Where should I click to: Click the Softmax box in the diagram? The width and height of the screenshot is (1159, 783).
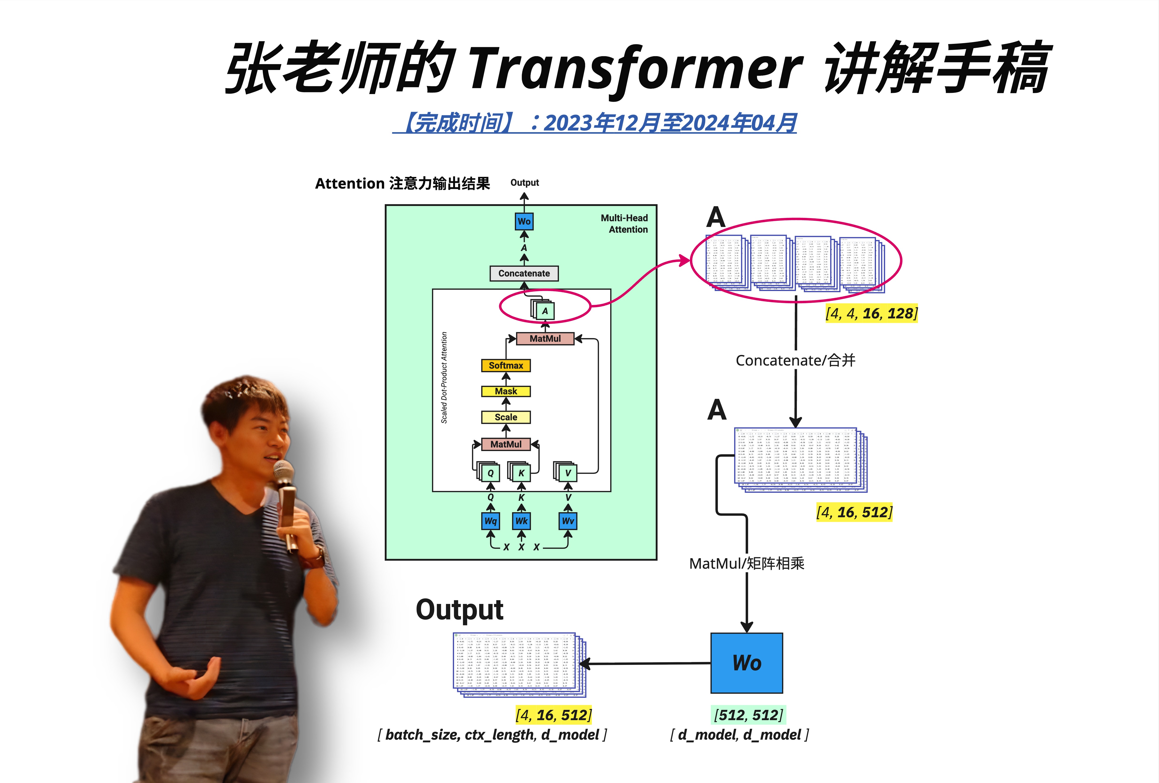pos(506,365)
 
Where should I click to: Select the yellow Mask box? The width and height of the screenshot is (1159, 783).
pos(506,391)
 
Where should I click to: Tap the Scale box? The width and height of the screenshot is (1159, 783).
pos(506,417)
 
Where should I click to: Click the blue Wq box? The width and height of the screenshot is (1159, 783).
pos(491,521)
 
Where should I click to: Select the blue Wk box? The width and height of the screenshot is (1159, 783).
pos(521,521)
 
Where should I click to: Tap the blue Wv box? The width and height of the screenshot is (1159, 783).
pos(567,521)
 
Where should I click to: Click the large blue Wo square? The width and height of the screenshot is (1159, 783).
pos(747,663)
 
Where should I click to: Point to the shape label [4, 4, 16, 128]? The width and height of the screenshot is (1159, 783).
pos(871,313)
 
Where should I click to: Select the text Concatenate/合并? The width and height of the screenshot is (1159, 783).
pos(795,360)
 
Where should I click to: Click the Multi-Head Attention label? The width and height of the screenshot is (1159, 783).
pos(624,224)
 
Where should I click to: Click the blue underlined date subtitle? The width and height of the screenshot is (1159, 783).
pos(594,123)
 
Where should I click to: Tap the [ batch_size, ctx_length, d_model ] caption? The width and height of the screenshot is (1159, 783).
pos(492,735)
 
